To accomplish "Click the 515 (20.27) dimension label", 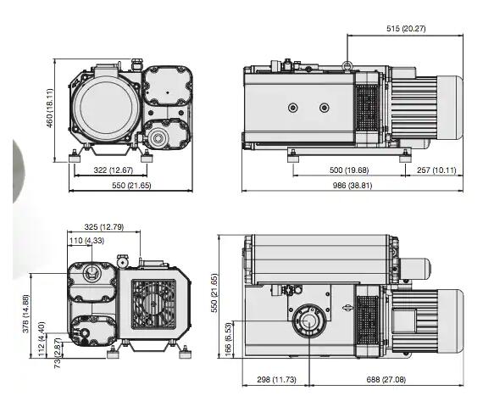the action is click(x=406, y=29).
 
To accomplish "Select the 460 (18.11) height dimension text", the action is click(x=50, y=109).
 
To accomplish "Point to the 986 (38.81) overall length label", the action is click(x=352, y=186).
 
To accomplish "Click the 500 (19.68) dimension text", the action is click(x=349, y=170).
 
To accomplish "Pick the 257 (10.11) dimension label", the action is click(x=436, y=170).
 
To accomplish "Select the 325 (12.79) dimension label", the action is click(x=104, y=227).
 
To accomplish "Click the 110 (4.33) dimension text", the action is click(x=86, y=241).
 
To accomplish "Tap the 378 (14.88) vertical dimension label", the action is click(x=25, y=314).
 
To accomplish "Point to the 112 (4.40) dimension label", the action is click(x=42, y=339).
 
